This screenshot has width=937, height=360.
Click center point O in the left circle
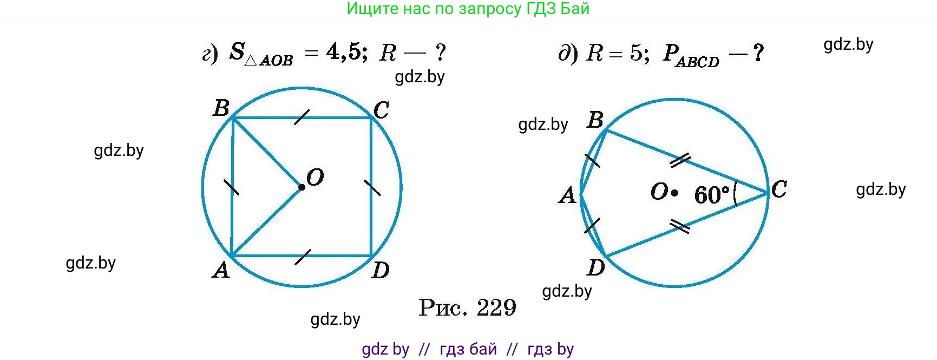(x=302, y=187)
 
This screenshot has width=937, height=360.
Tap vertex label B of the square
(x=221, y=108)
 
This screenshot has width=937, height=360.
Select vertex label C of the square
(x=381, y=110)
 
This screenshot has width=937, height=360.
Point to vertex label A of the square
(x=221, y=269)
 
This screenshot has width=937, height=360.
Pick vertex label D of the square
(x=381, y=270)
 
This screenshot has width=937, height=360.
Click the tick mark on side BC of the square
(x=302, y=117)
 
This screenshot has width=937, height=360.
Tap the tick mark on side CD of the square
(x=372, y=187)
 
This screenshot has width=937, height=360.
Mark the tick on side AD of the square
(x=303, y=257)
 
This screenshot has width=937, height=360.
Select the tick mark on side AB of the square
(x=232, y=187)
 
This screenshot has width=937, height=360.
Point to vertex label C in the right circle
(x=779, y=189)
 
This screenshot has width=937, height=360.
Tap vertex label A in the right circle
(x=567, y=195)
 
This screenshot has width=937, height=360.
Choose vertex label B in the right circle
(x=595, y=120)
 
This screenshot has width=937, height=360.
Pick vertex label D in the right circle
(x=596, y=267)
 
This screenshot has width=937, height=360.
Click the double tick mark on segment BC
(x=680, y=159)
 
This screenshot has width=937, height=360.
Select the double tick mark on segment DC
(x=680, y=226)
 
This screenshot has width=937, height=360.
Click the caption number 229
(x=496, y=308)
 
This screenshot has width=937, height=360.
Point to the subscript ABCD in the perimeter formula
(x=697, y=62)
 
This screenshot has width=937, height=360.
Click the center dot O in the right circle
(x=674, y=192)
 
